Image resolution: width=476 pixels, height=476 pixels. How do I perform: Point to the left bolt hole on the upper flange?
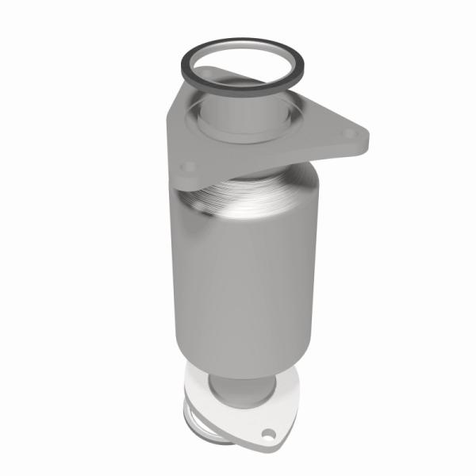188,167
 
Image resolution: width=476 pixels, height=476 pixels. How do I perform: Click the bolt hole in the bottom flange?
269,434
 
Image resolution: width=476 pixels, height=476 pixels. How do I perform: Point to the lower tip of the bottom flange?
274,444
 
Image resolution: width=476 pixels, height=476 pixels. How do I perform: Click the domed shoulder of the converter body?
262,198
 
